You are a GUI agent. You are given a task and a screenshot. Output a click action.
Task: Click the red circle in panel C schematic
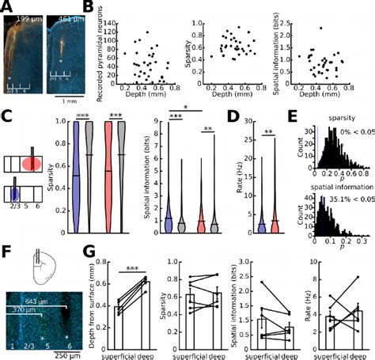[x=32, y=164]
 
